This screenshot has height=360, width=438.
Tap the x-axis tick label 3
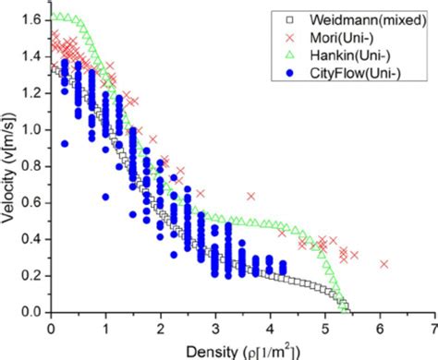tap(215, 328)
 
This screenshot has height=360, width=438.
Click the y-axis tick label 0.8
tap(32, 165)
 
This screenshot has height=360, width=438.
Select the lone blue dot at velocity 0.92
tap(64, 143)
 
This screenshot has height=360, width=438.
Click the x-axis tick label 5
tap(324, 328)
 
